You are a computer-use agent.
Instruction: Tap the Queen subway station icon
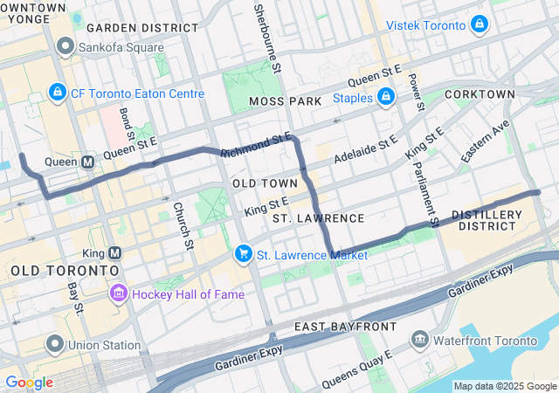click(x=88, y=162)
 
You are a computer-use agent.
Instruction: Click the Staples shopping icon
click(x=386, y=97)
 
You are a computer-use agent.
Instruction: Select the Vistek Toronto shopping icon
click(x=479, y=24)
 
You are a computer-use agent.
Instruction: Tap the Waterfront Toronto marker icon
click(x=420, y=337)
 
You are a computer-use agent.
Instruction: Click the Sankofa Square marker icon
click(x=65, y=45)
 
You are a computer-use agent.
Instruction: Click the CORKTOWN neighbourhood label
click(x=480, y=93)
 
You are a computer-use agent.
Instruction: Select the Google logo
click(x=28, y=383)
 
